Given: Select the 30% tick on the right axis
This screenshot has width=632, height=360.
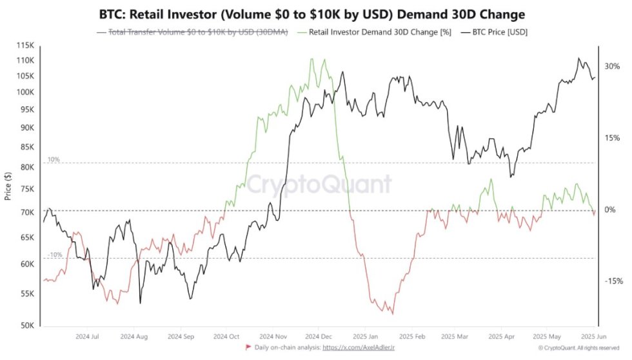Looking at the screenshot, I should pyautogui.click(x=612, y=66).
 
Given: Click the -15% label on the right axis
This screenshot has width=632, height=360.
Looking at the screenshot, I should pyautogui.click(x=613, y=281).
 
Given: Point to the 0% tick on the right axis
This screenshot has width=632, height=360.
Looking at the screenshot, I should pyautogui.click(x=610, y=210).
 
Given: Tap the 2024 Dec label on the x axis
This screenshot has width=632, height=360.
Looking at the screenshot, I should pyautogui.click(x=319, y=337).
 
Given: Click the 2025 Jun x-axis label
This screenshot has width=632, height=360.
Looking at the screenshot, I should pyautogui.click(x=593, y=337).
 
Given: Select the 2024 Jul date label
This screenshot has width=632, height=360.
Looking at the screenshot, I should pyautogui.click(x=87, y=337).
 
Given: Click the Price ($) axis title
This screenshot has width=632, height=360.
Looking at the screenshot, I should pyautogui.click(x=8, y=186).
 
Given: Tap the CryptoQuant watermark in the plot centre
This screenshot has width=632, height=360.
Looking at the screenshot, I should pyautogui.click(x=320, y=185).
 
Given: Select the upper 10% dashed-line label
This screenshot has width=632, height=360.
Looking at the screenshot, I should pyautogui.click(x=53, y=159).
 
